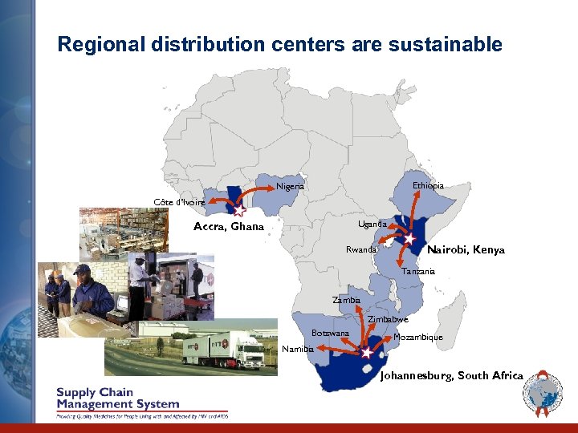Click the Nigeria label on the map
point(290,187)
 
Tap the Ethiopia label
point(428,185)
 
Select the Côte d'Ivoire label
point(179,202)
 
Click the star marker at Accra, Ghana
point(239,211)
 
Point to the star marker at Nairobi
point(409,239)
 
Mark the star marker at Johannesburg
point(367,351)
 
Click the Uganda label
point(372,224)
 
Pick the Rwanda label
point(360,250)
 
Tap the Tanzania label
point(418,272)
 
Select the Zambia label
point(347,300)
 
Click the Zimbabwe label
point(388,320)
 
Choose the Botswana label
point(330,333)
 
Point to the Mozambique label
point(417,338)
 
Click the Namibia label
point(298,349)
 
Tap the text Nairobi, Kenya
point(466,250)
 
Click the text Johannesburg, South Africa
point(451,375)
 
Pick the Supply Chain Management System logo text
point(117,399)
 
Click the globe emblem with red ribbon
point(543,396)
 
